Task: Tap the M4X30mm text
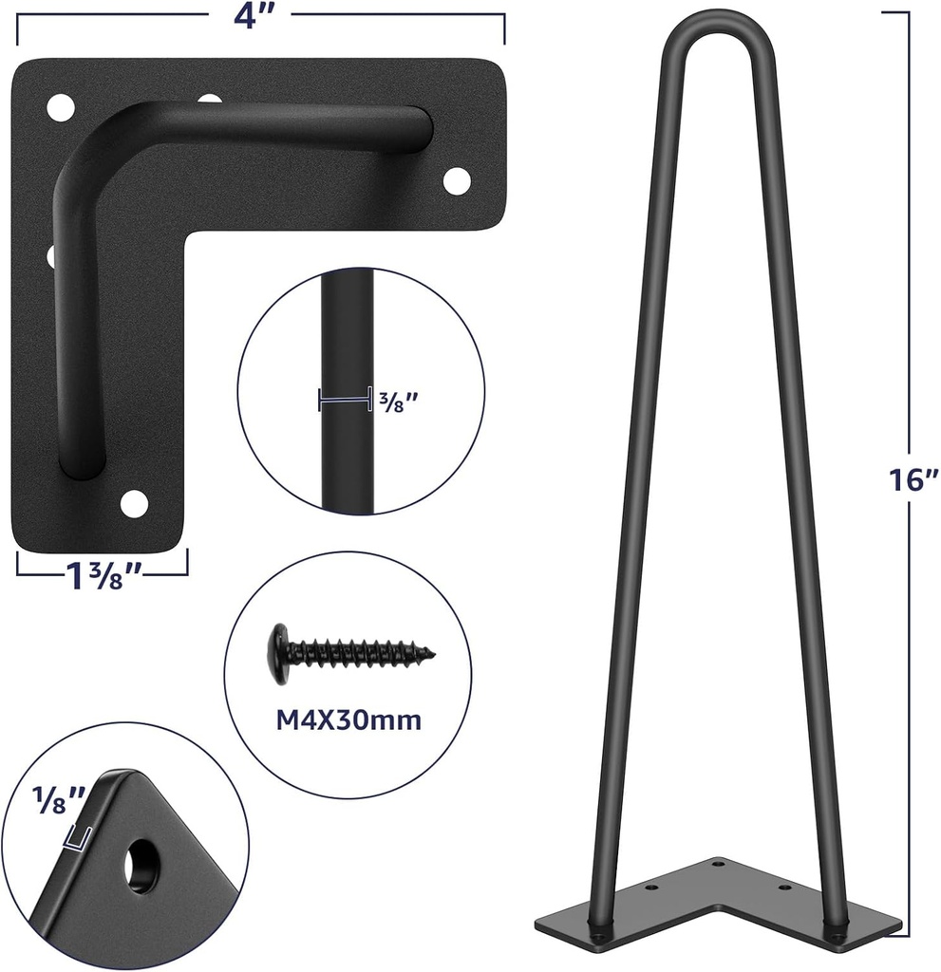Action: (348, 720)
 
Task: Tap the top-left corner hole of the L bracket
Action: (60, 104)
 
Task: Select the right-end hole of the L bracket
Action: (457, 178)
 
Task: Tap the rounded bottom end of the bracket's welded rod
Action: (82, 463)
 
